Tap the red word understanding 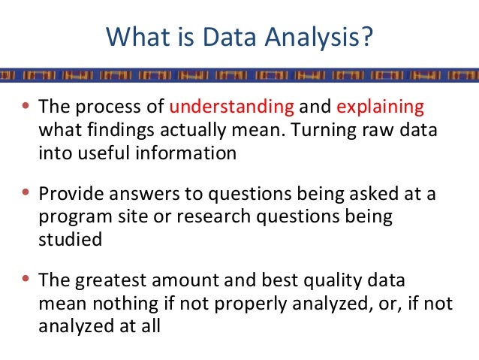coord(233,105)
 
